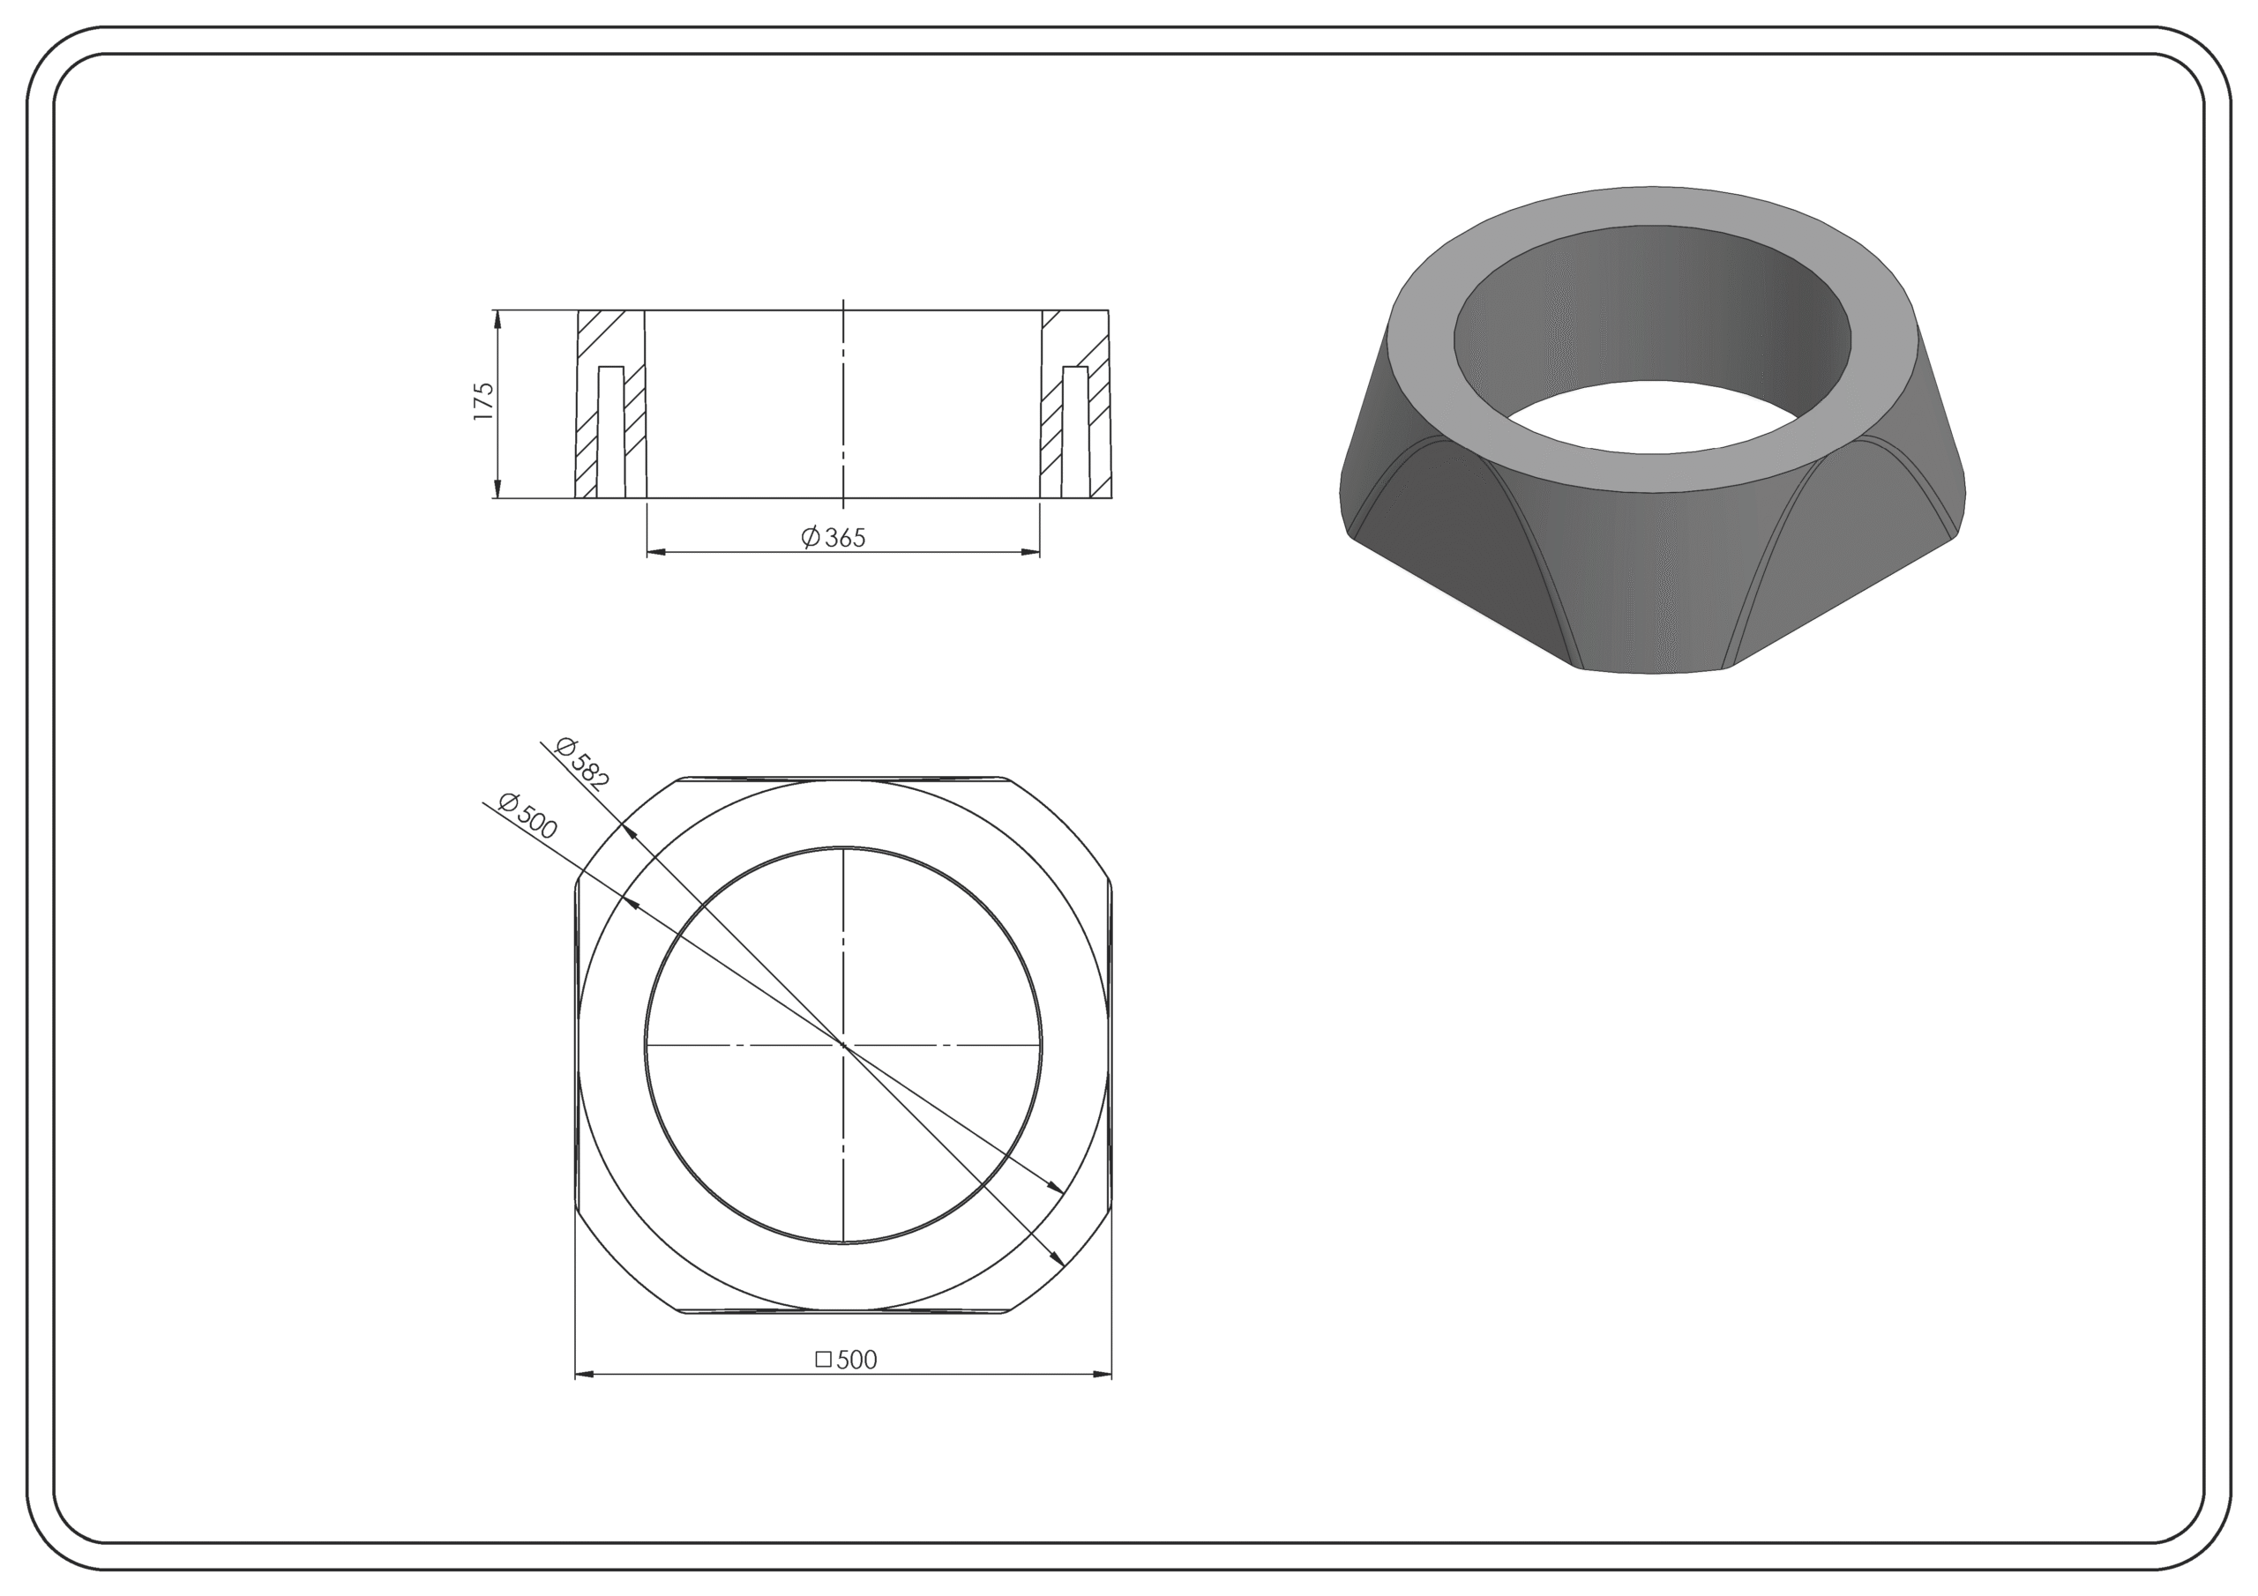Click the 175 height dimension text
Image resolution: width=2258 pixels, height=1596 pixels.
(482, 402)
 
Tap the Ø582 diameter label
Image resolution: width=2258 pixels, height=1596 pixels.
(582, 763)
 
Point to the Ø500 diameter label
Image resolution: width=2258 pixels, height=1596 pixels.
(528, 817)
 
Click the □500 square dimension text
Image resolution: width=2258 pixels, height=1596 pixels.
(846, 1359)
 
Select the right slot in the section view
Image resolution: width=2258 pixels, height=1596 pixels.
(1076, 432)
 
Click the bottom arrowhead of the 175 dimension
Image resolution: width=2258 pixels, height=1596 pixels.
(497, 488)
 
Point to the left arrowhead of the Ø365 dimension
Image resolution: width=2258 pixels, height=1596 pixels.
(656, 552)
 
